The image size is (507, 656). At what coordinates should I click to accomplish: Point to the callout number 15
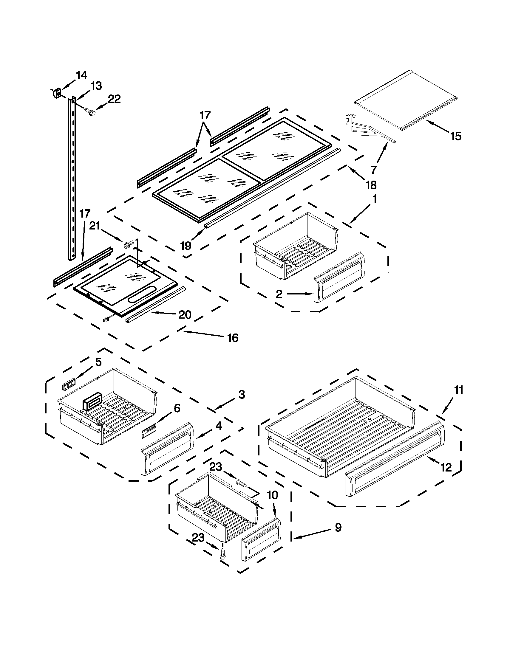(x=456, y=137)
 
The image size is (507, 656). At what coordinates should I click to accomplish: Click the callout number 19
(x=186, y=245)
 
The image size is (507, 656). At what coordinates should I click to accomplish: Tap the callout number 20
(x=185, y=314)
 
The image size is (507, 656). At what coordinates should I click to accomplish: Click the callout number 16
(x=233, y=338)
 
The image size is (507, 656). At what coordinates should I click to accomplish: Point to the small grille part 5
(x=68, y=385)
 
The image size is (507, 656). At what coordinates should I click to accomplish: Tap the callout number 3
(x=242, y=394)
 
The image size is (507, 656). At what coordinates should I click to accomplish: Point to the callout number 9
(x=338, y=527)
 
